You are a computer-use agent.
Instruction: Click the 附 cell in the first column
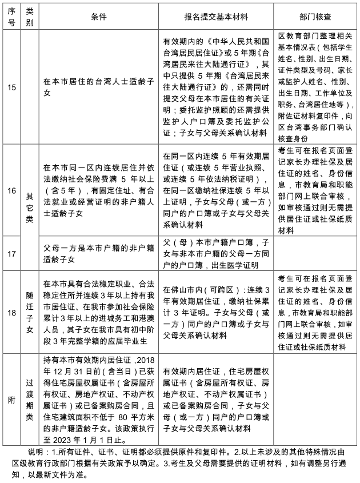click(11, 399)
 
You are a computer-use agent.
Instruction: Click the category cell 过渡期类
click(29, 399)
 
